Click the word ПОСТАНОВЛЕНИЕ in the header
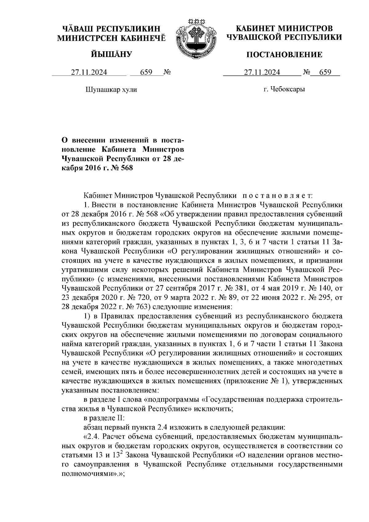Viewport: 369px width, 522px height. [x=284, y=55]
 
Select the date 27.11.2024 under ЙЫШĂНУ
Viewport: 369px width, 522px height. [x=89, y=72]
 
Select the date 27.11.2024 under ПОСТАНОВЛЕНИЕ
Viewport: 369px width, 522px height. [x=262, y=72]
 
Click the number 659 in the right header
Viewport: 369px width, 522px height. [x=325, y=72]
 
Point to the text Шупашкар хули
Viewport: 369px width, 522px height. [x=111, y=90]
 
